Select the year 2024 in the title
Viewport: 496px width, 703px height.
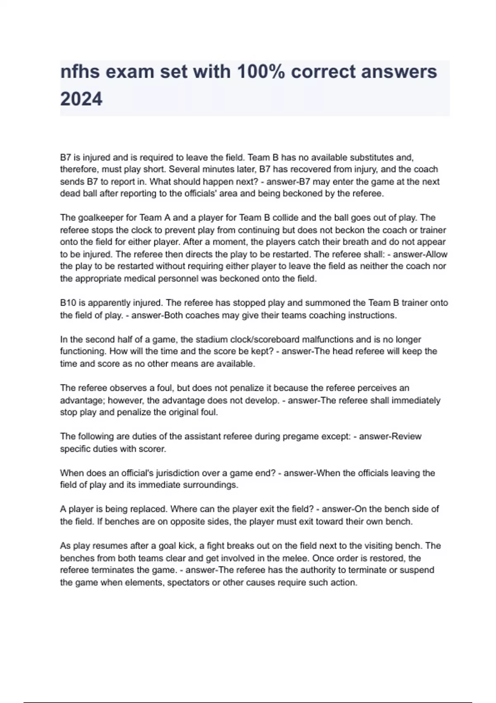pos(81,99)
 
